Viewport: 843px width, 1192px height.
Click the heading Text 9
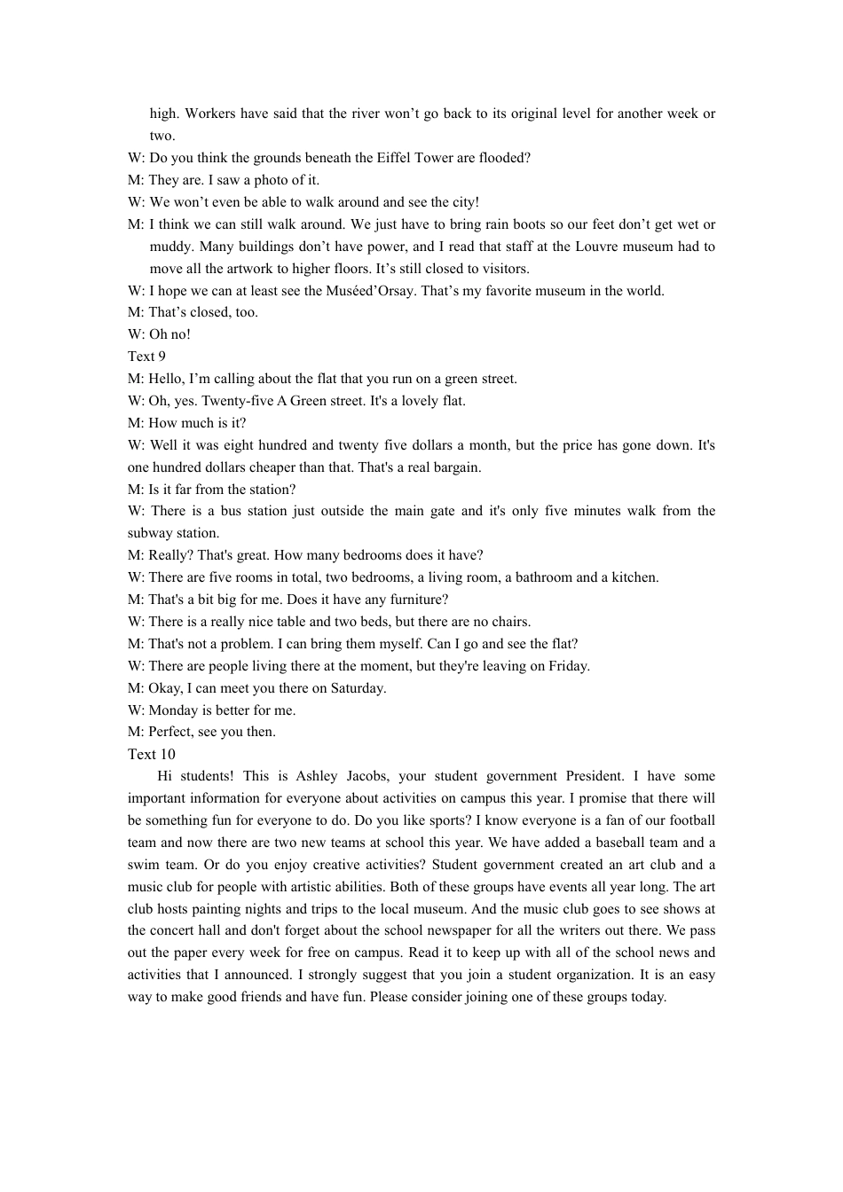pyautogui.click(x=146, y=357)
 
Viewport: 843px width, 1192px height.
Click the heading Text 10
pyautogui.click(x=152, y=755)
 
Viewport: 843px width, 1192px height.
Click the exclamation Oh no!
pyautogui.click(x=169, y=334)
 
